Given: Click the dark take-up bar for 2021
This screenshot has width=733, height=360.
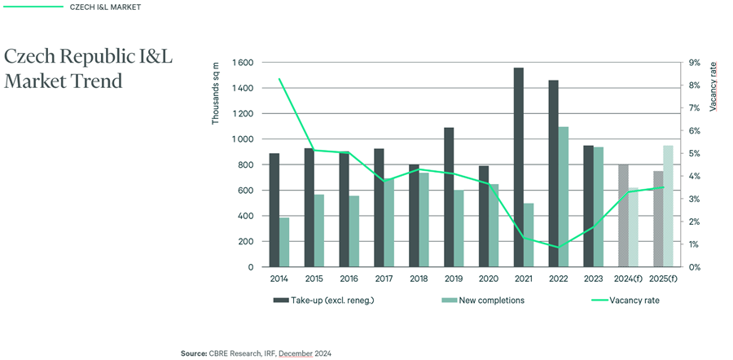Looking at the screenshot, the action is pyautogui.click(x=519, y=168).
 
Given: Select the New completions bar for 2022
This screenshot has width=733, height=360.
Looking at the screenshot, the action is pyautogui.click(x=564, y=197).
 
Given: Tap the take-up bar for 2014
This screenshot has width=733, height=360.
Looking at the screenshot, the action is pyautogui.click(x=274, y=210).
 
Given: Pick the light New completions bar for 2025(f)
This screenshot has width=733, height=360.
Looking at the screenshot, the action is pyautogui.click(x=668, y=206).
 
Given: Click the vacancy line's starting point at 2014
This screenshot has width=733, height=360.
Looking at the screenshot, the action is pyautogui.click(x=279, y=79).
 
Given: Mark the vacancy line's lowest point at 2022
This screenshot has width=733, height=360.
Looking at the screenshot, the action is pyautogui.click(x=559, y=248).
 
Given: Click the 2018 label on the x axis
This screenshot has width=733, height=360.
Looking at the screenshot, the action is pyautogui.click(x=419, y=279).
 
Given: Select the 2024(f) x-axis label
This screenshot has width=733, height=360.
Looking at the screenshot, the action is pyautogui.click(x=629, y=279).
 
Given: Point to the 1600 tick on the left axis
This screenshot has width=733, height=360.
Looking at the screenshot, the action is pyautogui.click(x=243, y=63).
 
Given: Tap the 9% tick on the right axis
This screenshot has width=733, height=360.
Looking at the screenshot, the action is pyautogui.click(x=693, y=63).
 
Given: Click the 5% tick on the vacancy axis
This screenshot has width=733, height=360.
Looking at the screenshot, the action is pyautogui.click(x=693, y=154).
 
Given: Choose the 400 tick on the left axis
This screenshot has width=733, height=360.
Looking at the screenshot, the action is pyautogui.click(x=246, y=216).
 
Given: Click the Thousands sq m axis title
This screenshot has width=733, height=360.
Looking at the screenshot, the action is pyautogui.click(x=216, y=98).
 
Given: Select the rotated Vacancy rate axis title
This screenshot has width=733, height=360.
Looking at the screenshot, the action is pyautogui.click(x=713, y=86).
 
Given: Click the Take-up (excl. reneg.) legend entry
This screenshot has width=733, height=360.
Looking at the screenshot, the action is pyautogui.click(x=324, y=301).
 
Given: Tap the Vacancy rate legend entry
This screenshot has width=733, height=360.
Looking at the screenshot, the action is pyautogui.click(x=625, y=301).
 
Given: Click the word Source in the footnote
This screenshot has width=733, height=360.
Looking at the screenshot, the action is pyautogui.click(x=194, y=354).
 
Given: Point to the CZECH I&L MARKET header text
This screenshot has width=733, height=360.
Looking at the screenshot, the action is pyautogui.click(x=105, y=7).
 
